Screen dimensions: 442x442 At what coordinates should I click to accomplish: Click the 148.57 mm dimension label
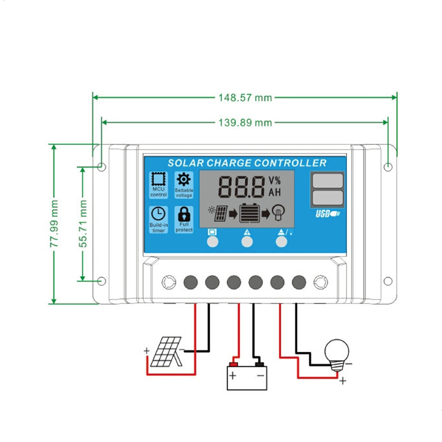click(x=245, y=97)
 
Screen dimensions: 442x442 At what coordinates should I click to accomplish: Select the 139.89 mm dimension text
click(x=245, y=122)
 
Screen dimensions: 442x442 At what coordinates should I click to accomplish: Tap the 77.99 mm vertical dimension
click(x=54, y=224)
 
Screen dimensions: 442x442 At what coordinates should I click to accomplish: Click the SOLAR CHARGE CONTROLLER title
click(x=247, y=163)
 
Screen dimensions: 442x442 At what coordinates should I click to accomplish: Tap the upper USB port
click(x=327, y=180)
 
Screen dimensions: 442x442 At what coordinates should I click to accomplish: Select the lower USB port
click(x=327, y=197)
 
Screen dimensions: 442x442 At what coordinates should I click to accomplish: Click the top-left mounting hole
click(x=101, y=167)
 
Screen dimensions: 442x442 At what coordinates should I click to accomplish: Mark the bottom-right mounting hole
click(x=388, y=281)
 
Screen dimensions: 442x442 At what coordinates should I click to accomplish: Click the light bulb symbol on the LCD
click(x=278, y=213)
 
